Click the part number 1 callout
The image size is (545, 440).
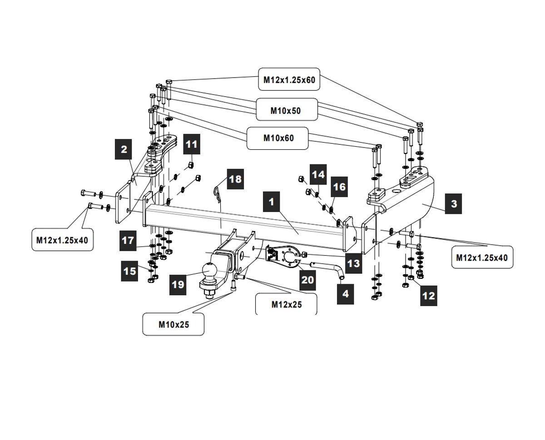tap(272, 202)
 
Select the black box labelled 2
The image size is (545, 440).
tap(124, 149)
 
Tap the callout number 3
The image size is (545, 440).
tap(454, 203)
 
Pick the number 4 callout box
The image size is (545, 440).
tap(345, 293)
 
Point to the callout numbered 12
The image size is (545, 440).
tap(428, 296)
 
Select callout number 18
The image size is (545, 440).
tap(235, 179)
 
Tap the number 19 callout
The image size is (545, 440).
tap(178, 284)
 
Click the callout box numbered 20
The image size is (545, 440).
tap(307, 280)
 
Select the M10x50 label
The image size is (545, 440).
tap(286, 110)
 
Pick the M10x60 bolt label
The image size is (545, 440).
tap(278, 138)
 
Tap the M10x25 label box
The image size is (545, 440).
tap(173, 324)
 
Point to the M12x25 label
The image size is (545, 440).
tap(286, 304)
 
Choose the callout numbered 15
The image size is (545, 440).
tap(130, 271)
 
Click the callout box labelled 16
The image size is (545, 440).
tap(339, 187)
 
